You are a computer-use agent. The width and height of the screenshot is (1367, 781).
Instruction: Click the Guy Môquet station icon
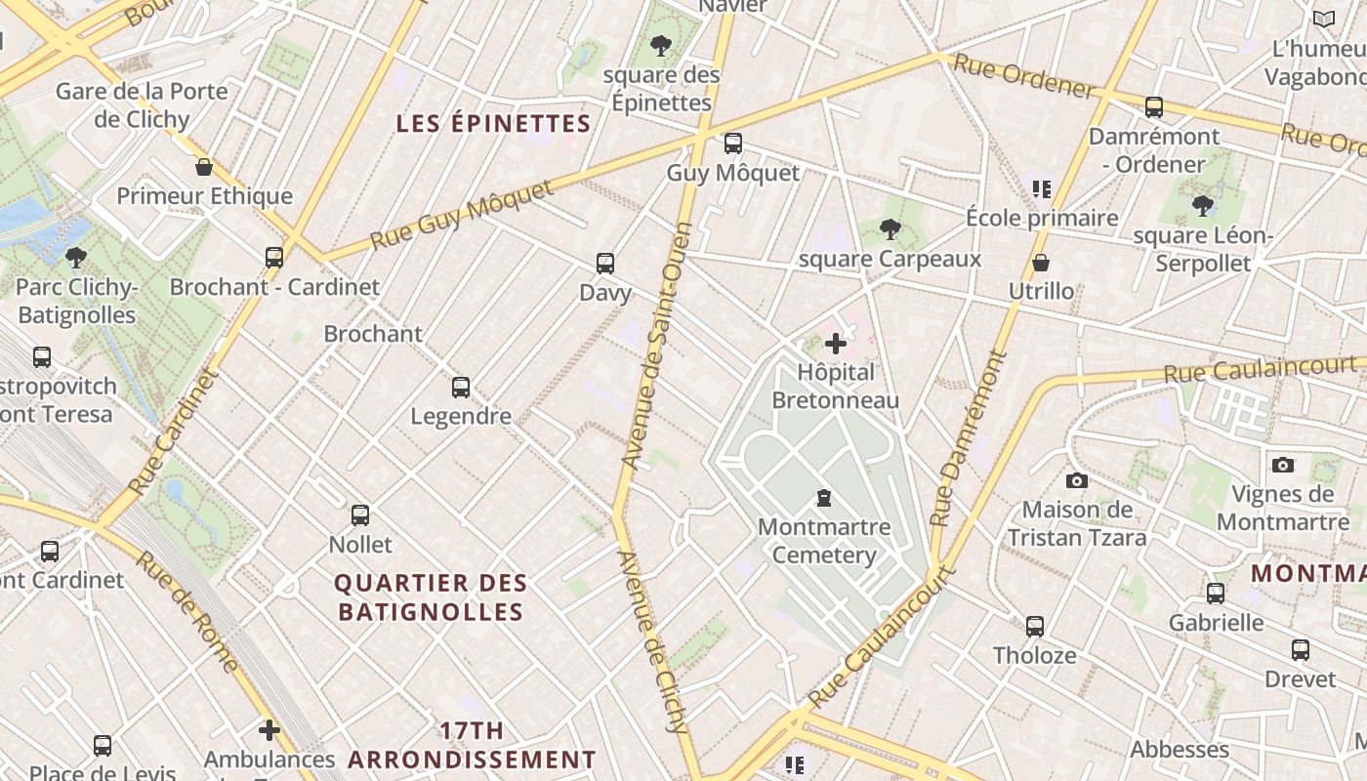pos(733,144)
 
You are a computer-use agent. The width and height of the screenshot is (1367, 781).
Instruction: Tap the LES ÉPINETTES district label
pos(494,124)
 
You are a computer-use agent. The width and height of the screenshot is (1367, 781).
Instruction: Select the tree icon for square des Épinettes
pos(661,45)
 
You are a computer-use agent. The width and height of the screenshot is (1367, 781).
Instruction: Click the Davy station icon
pos(605,264)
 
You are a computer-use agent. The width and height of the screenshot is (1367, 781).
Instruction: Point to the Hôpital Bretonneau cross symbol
pos(836,344)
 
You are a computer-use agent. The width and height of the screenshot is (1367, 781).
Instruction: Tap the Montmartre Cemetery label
pos(824,541)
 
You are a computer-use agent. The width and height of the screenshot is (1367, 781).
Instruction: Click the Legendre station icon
pos(461,388)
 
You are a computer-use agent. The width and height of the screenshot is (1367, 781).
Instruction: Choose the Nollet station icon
pos(360,515)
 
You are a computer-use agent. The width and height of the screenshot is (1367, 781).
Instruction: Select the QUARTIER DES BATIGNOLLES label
pos(431,597)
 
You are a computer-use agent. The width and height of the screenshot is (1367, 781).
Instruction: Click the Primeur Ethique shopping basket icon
pos(204,167)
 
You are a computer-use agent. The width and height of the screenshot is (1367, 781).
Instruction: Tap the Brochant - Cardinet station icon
pos(274,258)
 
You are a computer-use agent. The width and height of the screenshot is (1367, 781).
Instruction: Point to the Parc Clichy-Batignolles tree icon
pos(76,258)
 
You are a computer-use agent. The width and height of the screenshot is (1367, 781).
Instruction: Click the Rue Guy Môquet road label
pos(462,215)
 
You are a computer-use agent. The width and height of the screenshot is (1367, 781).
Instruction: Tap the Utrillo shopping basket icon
pos(1041,263)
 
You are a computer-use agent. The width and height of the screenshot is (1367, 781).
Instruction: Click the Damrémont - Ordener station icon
pos(1154,107)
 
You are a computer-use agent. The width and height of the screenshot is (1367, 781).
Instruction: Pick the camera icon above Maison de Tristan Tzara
pos(1077,480)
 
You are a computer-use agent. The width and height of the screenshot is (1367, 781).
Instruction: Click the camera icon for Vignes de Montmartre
pos(1283,465)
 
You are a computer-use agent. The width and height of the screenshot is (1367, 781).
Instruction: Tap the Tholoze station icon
pos(1035,627)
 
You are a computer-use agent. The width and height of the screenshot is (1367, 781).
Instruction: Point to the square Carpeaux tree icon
pos(890,229)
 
